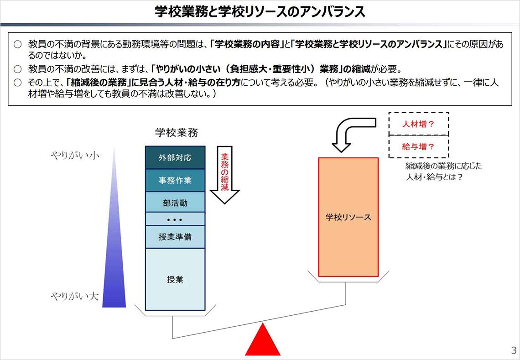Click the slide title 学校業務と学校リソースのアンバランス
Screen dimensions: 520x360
pos(260,11)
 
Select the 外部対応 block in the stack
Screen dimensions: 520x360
pos(175,157)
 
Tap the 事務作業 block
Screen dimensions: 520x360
pos(175,180)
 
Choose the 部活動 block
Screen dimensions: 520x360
pos(175,202)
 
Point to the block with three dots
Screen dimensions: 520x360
pos(175,219)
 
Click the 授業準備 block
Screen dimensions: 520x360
pos(175,237)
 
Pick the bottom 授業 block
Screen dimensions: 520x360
pos(175,279)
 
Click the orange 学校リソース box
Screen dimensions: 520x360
pos(348,217)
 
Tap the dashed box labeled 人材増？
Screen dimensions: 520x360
pos(419,124)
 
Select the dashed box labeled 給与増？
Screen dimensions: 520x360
pos(419,146)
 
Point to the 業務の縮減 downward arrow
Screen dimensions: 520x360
pos(225,175)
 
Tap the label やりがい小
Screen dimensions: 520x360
pos(75,155)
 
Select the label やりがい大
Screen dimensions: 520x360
pos(75,296)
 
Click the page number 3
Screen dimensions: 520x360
pos(514,350)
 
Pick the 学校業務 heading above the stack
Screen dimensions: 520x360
pos(177,133)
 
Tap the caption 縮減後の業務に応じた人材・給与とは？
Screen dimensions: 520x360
pos(444,171)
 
